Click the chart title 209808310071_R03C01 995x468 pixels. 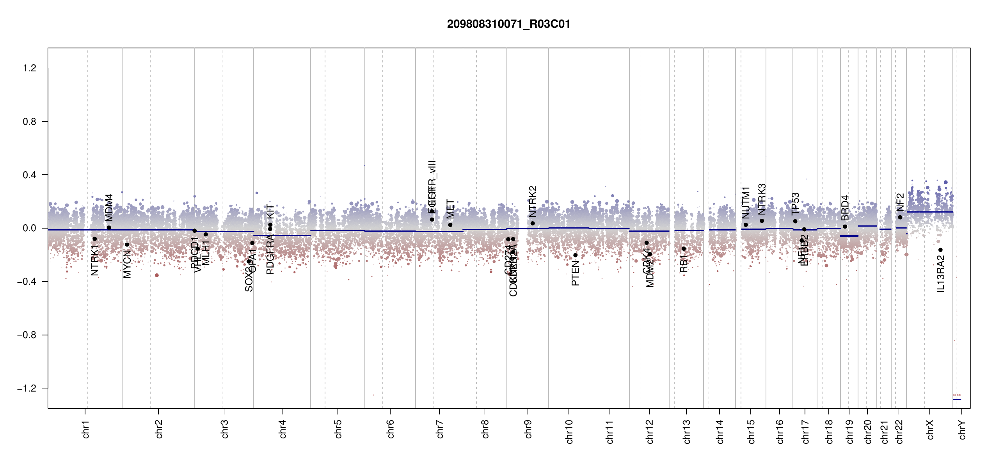[x=508, y=24]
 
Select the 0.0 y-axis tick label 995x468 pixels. [x=30, y=228]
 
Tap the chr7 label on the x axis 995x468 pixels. [x=440, y=429]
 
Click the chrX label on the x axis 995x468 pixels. [x=930, y=429]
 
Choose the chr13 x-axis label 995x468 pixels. [x=686, y=431]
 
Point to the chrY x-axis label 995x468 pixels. [x=962, y=429]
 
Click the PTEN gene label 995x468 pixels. [x=575, y=274]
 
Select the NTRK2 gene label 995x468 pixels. [x=533, y=201]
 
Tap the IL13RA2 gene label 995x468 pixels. [x=940, y=274]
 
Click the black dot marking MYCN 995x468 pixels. [x=127, y=245]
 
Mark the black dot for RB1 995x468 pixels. [x=684, y=249]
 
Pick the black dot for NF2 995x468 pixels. [x=900, y=217]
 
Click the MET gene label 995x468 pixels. [x=450, y=209]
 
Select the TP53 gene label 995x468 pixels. [x=795, y=204]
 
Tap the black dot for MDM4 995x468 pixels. [x=109, y=228]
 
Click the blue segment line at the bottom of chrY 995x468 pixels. [x=957, y=399]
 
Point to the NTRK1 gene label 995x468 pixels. [x=95, y=260]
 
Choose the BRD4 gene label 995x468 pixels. [x=845, y=208]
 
